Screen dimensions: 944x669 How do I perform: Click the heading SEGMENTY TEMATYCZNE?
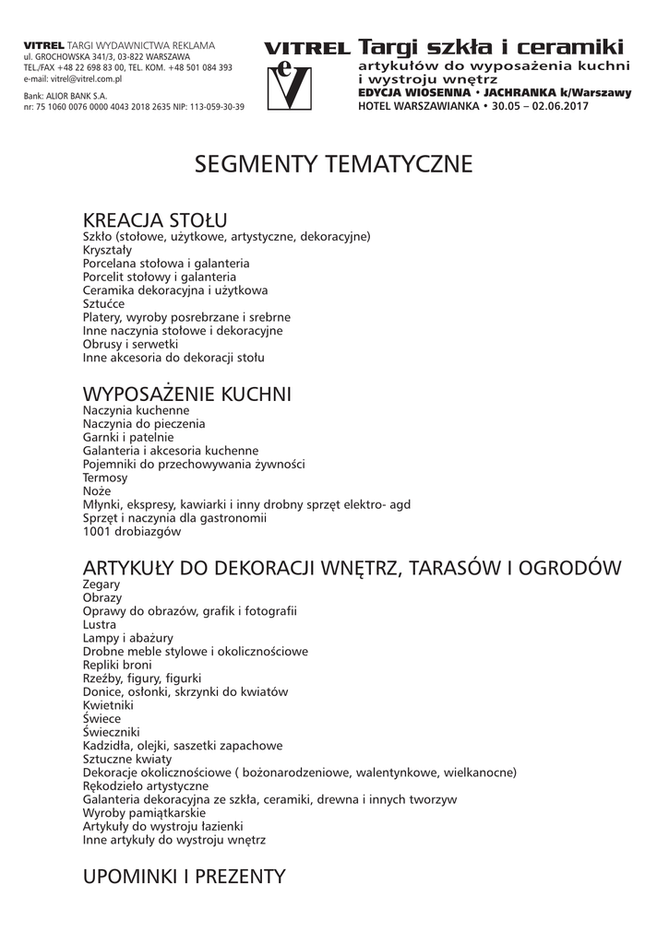pyautogui.click(x=333, y=165)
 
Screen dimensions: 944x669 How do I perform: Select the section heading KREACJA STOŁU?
pyautogui.click(x=155, y=220)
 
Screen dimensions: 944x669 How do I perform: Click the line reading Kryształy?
pyautogui.click(x=107, y=250)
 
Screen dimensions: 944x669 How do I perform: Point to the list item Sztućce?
pyautogui.click(x=103, y=303)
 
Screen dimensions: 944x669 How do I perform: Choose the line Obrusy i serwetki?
pyautogui.click(x=130, y=343)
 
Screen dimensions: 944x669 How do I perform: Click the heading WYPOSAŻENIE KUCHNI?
pyautogui.click(x=187, y=395)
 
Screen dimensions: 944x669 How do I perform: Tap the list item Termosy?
pyautogui.click(x=105, y=478)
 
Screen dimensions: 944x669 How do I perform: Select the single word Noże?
pyautogui.click(x=97, y=491)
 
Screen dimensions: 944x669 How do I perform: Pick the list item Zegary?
pyautogui.click(x=102, y=584)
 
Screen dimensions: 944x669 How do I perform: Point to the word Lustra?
pyautogui.click(x=100, y=624)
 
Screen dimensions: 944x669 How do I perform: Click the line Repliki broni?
pyautogui.click(x=117, y=665)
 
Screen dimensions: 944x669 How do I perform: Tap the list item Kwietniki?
pyautogui.click(x=108, y=705)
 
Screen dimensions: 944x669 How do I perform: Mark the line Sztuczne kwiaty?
pyautogui.click(x=127, y=759)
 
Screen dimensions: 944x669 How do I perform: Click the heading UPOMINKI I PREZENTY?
pyautogui.click(x=185, y=876)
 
